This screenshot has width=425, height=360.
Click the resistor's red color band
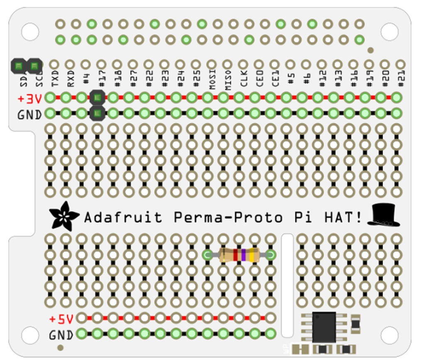[235, 255]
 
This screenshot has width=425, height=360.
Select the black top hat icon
[383, 215]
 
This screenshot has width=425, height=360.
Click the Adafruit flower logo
[64, 216]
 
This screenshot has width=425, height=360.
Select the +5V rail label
[61, 319]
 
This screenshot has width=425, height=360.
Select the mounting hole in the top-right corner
[389, 32]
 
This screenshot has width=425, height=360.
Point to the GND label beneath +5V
[61, 335]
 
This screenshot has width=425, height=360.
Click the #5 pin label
[291, 79]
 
